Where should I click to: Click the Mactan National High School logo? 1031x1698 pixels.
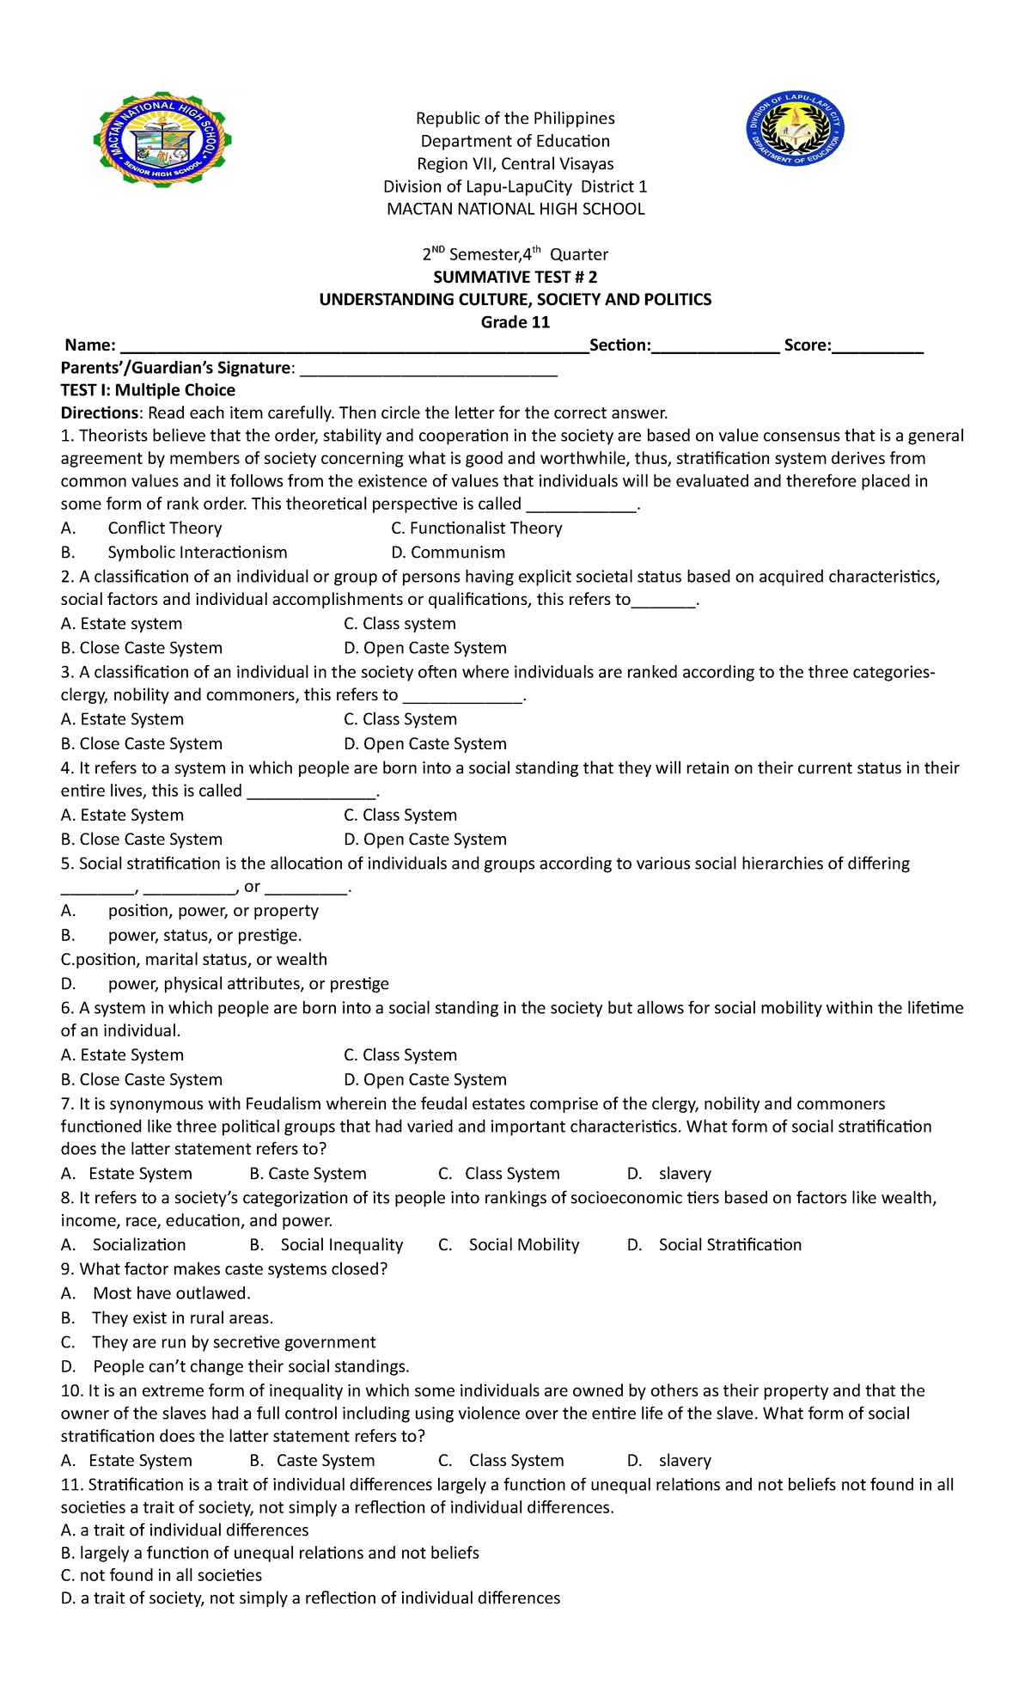[162, 141]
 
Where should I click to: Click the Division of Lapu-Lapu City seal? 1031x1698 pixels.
[795, 129]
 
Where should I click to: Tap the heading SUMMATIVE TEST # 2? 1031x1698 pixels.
[515, 277]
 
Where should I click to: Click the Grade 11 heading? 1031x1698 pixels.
[515, 322]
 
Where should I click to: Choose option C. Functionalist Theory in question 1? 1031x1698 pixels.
[477, 528]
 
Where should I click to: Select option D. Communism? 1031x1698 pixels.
[448, 553]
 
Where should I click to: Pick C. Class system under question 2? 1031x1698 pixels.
[400, 624]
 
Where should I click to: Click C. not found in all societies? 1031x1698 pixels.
[162, 1575]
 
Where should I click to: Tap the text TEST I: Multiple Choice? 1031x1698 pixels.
[148, 390]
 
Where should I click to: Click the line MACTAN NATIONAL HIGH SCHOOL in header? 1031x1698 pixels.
[515, 209]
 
